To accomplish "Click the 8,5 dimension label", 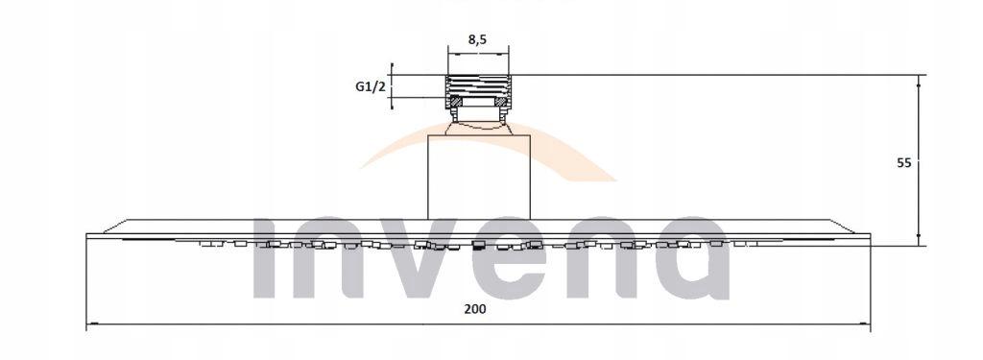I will [476, 40].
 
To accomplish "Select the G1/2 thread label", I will [370, 87].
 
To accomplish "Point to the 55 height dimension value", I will [903, 162].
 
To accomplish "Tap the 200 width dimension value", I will [476, 309].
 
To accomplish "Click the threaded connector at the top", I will [477, 91].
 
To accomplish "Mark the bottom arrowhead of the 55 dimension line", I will [920, 241].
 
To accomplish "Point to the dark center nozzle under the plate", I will [479, 245].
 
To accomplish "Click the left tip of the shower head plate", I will [88, 236].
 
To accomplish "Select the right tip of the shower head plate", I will [868, 236].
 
